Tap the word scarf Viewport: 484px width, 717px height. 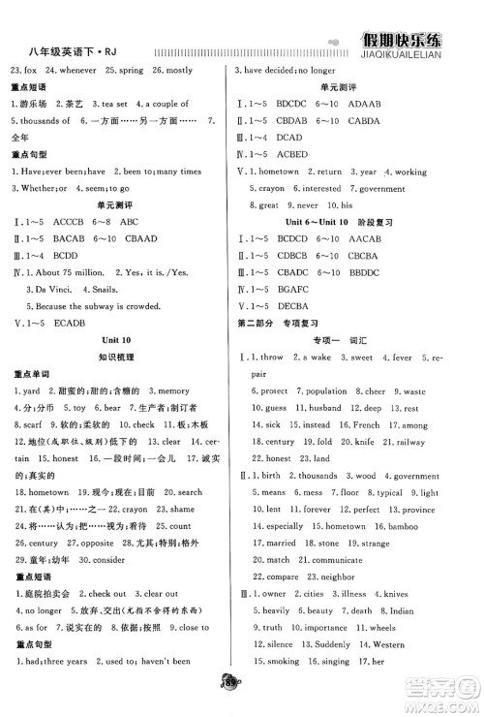28,424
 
